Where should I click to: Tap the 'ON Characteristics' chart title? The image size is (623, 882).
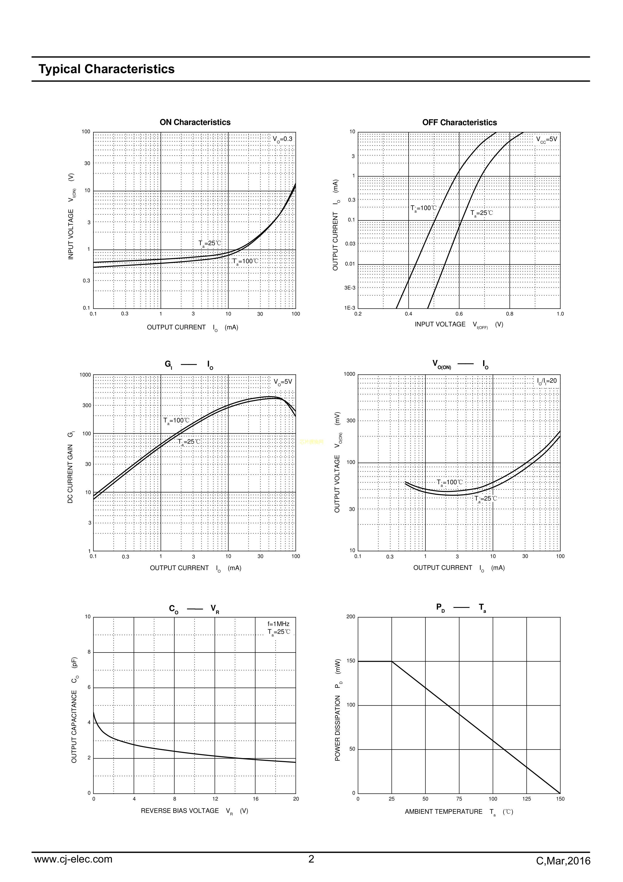(195, 122)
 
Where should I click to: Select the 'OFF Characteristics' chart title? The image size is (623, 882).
(460, 123)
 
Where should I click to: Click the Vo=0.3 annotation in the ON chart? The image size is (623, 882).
(282, 139)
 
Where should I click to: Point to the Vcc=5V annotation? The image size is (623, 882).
(546, 140)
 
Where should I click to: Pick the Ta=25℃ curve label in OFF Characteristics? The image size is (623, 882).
(481, 213)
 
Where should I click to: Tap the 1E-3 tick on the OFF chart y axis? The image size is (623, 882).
(350, 308)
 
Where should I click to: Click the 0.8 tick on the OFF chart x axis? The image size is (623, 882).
(509, 314)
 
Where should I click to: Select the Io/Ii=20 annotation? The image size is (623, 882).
(547, 381)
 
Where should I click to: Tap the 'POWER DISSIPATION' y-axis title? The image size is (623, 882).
(338, 710)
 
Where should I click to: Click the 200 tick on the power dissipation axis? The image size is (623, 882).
(351, 617)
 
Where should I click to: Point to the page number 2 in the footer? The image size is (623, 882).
(311, 859)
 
